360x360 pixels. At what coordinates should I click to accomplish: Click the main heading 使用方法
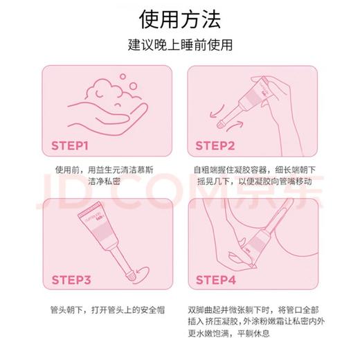click(179, 17)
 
